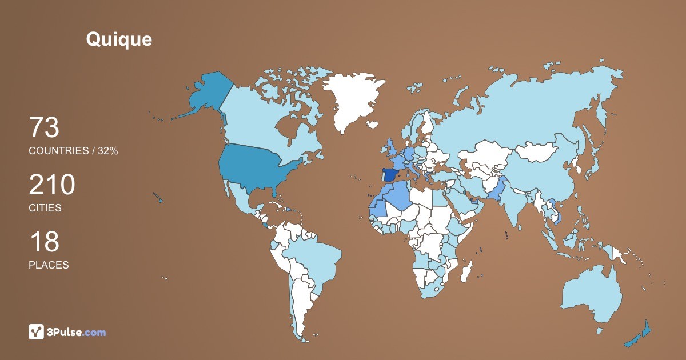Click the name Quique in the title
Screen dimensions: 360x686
(119, 39)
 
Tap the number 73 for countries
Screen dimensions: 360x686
(44, 128)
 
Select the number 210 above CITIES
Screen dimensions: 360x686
(52, 185)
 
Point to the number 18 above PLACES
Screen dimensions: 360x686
(44, 242)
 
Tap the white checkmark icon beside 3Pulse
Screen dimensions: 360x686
(37, 331)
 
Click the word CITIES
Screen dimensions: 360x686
(45, 208)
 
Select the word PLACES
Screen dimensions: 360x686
(49, 265)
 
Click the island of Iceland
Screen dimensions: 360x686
(372, 124)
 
